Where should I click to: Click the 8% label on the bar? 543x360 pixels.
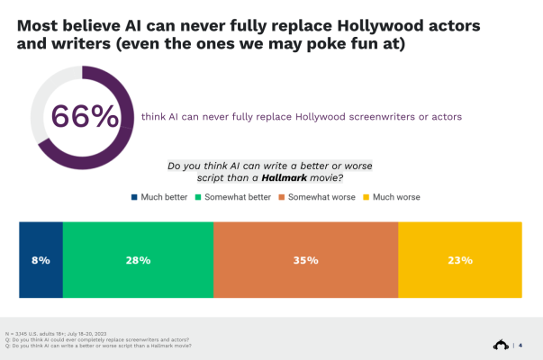coord(41,261)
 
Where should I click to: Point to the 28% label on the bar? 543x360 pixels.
coord(138,261)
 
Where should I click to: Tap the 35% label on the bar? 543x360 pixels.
coord(305,261)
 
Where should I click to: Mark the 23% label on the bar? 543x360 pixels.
coord(460,261)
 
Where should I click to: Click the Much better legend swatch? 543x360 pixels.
coord(134,196)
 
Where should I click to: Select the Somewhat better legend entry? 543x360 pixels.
coord(237,196)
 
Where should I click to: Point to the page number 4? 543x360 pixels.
coord(520,344)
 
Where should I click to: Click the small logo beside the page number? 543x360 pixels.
coord(502,344)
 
